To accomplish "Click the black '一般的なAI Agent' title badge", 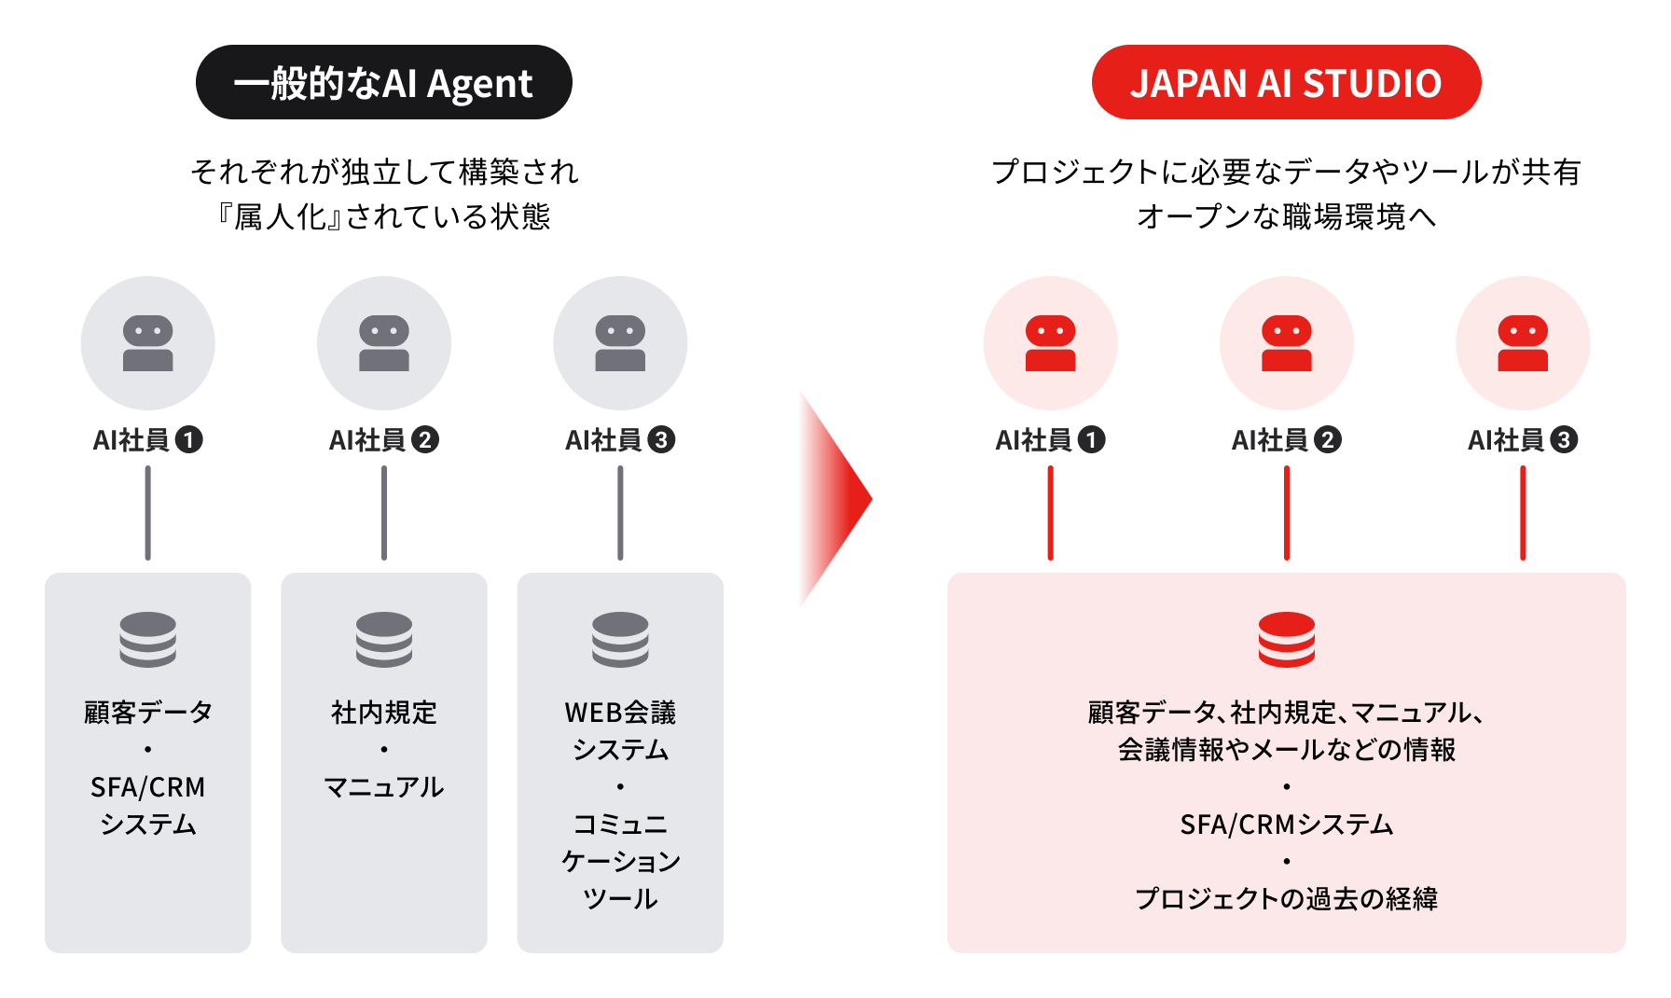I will tap(383, 83).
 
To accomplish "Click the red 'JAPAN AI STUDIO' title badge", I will tap(1286, 83).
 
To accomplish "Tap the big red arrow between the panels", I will tap(831, 499).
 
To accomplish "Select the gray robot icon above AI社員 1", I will tap(148, 343).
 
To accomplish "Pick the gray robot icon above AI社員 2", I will tap(384, 343).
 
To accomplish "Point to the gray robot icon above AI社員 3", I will tap(620, 343).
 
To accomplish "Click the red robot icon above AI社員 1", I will tap(1050, 343).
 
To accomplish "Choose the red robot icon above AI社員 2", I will tap(1287, 343).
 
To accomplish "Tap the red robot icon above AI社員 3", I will tap(1523, 343).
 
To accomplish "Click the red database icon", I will tap(1287, 639).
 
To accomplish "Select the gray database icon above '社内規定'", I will tap(384, 639).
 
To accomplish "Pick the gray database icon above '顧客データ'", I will tap(148, 639).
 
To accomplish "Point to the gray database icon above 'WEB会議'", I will tap(620, 639).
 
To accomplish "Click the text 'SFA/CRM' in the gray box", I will tap(148, 787).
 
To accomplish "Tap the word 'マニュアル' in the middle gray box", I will tap(384, 787).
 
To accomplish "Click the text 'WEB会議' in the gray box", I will tap(620, 713).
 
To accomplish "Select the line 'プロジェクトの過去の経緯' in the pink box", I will tap(1287, 899).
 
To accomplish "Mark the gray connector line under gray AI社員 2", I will tap(384, 513).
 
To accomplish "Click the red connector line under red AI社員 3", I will tap(1523, 513).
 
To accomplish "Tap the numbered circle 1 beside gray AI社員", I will tap(189, 439).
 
